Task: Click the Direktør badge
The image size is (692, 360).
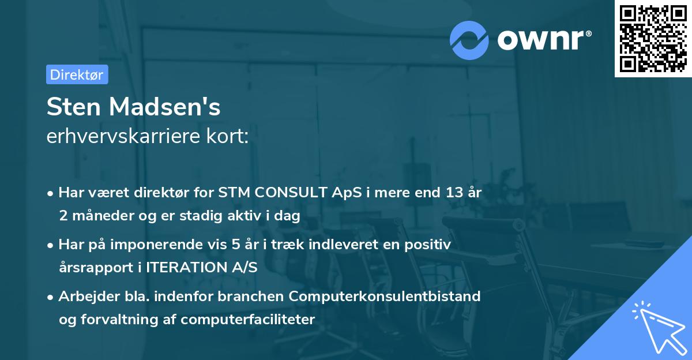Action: pyautogui.click(x=77, y=74)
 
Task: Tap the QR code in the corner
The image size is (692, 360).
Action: pyautogui.click(x=653, y=38)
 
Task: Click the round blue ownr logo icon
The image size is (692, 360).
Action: pyautogui.click(x=469, y=40)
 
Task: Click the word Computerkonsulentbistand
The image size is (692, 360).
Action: pyautogui.click(x=385, y=297)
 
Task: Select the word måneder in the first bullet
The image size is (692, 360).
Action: pyautogui.click(x=101, y=215)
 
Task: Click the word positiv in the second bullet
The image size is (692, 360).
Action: pyautogui.click(x=430, y=245)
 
